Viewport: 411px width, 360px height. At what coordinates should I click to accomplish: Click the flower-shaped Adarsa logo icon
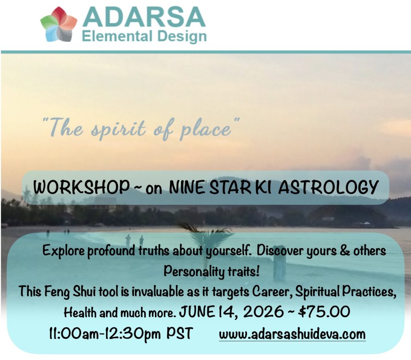[x=59, y=24]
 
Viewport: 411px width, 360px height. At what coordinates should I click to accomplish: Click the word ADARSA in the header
[x=144, y=17]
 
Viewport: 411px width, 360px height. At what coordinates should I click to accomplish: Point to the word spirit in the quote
[x=118, y=129]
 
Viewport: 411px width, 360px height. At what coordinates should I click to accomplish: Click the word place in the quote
[x=205, y=129]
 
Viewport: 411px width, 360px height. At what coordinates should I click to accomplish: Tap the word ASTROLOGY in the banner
[x=328, y=187]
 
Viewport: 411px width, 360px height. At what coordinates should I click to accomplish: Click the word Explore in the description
[x=63, y=251]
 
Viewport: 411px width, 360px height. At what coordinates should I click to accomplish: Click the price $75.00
[x=324, y=312]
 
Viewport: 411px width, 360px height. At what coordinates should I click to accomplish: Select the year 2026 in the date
[x=263, y=312]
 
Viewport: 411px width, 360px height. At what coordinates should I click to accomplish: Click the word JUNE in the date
[x=197, y=312]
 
